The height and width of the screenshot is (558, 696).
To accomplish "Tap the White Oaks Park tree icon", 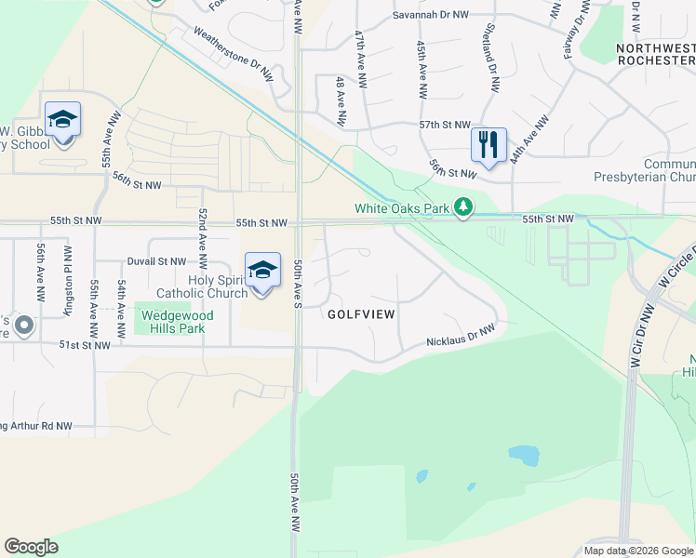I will pyautogui.click(x=463, y=208).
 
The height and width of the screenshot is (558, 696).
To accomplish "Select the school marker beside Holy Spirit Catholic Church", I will pyautogui.click(x=262, y=271).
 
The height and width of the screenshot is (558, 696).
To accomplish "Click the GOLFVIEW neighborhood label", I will pyautogui.click(x=361, y=314).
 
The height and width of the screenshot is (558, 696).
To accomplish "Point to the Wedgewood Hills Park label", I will pyautogui.click(x=177, y=321).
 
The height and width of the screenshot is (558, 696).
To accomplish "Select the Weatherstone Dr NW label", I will pyautogui.click(x=234, y=50).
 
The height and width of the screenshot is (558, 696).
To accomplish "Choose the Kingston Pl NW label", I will pyautogui.click(x=67, y=280).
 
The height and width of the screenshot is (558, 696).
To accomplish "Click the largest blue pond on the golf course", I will pyautogui.click(x=523, y=456).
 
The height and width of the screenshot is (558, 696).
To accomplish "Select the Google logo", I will pyautogui.click(x=31, y=547).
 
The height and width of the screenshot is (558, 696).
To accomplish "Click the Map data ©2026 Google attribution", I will pyautogui.click(x=637, y=551).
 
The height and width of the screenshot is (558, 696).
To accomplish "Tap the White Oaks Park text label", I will pyautogui.click(x=403, y=208).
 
